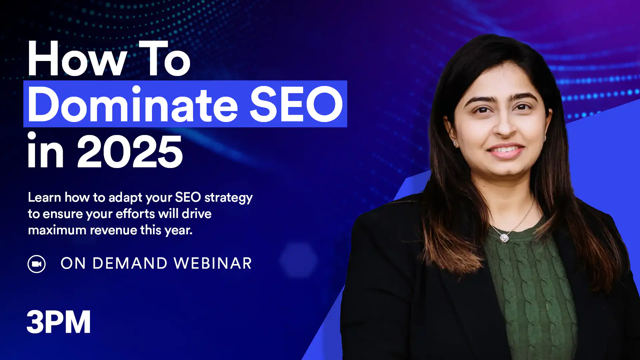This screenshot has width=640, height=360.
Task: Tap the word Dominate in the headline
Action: tap(133, 104)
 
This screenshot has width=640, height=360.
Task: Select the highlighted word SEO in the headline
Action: tap(296, 104)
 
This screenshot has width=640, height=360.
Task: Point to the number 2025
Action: tap(130, 152)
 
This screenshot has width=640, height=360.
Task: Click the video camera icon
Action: tap(37, 264)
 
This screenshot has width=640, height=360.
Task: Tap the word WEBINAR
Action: tap(213, 263)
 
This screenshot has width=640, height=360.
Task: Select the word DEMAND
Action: tap(130, 263)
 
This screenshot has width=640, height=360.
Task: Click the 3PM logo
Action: tap(59, 322)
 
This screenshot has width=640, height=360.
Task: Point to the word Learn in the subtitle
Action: tap(44, 197)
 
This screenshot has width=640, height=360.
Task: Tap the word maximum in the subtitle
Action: tap(57, 230)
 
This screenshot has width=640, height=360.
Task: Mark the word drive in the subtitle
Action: tap(197, 214)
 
